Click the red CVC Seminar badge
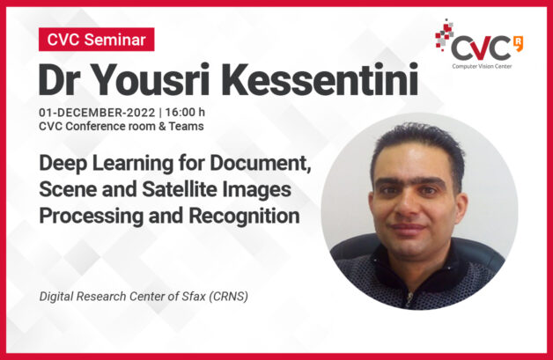click(96, 39)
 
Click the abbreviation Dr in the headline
click(62, 79)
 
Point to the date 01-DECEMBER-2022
click(97, 113)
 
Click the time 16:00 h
click(185, 113)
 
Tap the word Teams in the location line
click(186, 126)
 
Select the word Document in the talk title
click(261, 164)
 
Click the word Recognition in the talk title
click(244, 217)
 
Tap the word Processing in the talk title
click(92, 217)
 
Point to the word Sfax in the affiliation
click(194, 296)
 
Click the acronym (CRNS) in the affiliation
click(229, 296)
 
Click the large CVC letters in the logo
click(481, 48)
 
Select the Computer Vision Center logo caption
click(482, 66)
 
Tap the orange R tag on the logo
click(519, 43)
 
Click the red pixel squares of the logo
click(444, 35)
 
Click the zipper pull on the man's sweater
click(409, 298)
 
